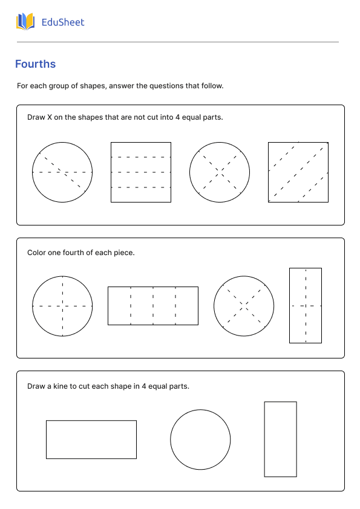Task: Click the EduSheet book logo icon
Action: click(x=25, y=22)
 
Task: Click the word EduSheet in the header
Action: click(x=63, y=22)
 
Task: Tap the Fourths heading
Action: click(x=36, y=64)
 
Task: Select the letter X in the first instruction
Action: click(x=50, y=117)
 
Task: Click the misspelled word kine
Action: click(x=60, y=386)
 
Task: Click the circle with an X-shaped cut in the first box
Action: click(x=220, y=172)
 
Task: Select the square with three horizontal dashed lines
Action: click(x=141, y=172)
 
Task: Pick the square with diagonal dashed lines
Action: click(x=298, y=172)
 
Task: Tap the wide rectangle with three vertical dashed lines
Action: click(x=153, y=306)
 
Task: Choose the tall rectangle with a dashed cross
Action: click(x=306, y=305)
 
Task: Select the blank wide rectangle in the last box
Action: click(x=91, y=439)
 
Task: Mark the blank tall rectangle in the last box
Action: click(x=280, y=439)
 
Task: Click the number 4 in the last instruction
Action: click(x=143, y=386)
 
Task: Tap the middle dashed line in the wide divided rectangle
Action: click(x=153, y=306)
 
